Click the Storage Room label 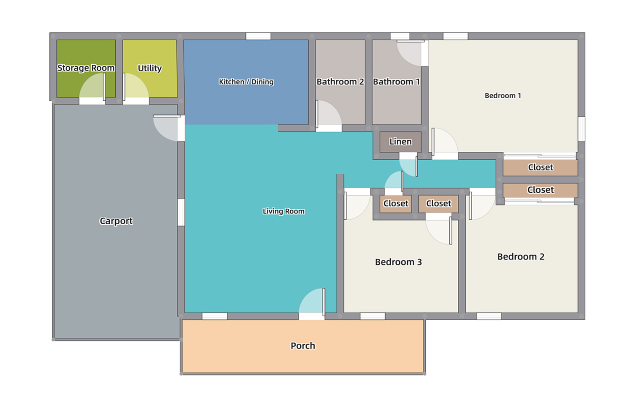[x=86, y=68]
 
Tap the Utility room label [x=150, y=68]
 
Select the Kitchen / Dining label [x=246, y=81]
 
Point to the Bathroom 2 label [x=340, y=81]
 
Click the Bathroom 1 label [x=396, y=81]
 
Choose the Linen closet [x=400, y=142]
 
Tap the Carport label [x=116, y=221]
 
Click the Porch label [x=303, y=346]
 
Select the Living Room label [x=284, y=211]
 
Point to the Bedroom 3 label [x=398, y=262]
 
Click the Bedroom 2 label [x=521, y=257]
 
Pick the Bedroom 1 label [x=503, y=96]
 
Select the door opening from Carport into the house [x=168, y=128]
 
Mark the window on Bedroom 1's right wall [x=581, y=129]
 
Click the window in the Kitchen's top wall [x=258, y=36]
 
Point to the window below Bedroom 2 [x=489, y=316]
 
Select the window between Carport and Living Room [x=181, y=212]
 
